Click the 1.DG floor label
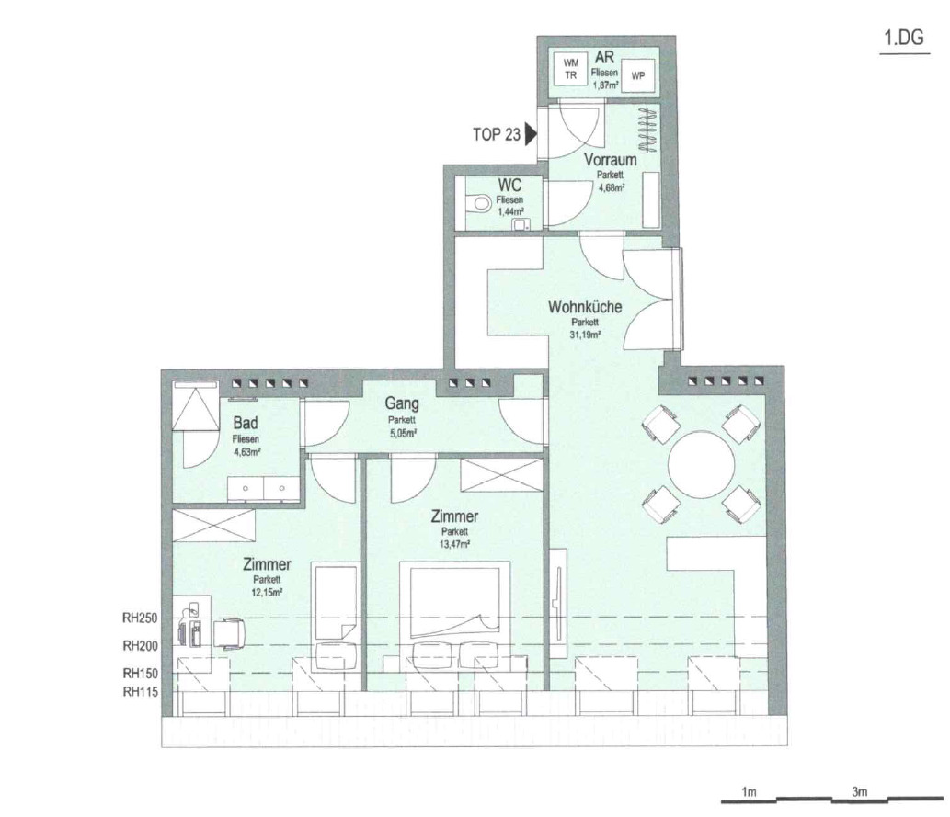tap(904, 39)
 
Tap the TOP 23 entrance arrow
tap(532, 134)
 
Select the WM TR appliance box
tap(571, 69)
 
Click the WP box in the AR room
tap(638, 75)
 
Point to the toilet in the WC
tap(480, 202)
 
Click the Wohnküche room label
tap(585, 306)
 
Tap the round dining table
tap(701, 464)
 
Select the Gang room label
tap(402, 403)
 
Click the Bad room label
tap(246, 423)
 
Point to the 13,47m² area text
tap(455, 544)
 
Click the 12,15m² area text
tap(268, 593)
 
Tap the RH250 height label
tap(140, 618)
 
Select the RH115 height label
tap(140, 692)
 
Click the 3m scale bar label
tap(859, 791)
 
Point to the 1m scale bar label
tap(749, 791)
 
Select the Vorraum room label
tap(610, 160)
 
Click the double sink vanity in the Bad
tap(264, 489)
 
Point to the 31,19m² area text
tap(585, 334)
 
